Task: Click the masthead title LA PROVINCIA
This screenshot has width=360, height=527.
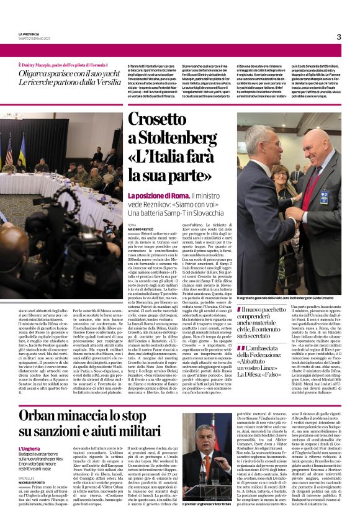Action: pyautogui.click(x=29, y=34)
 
